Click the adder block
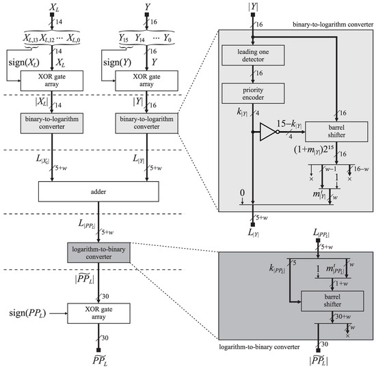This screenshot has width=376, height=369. [x=98, y=191]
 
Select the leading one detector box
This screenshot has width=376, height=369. [x=253, y=55]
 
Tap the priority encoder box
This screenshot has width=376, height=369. [x=253, y=94]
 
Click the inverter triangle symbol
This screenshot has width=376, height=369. [x=269, y=132]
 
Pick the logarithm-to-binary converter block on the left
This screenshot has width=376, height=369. [x=98, y=253]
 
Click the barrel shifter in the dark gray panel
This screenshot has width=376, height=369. [x=332, y=301]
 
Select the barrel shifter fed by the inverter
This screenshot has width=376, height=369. [x=336, y=132]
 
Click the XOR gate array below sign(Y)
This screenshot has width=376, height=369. [x=146, y=81]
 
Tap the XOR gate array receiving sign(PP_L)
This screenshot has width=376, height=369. [x=98, y=313]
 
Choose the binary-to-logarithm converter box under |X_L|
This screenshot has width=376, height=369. [x=52, y=123]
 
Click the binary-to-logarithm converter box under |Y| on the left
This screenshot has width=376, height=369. [x=146, y=123]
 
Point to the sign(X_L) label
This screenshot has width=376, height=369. [x=24, y=63]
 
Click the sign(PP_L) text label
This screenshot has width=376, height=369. [x=27, y=313]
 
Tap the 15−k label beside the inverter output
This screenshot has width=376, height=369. [x=289, y=124]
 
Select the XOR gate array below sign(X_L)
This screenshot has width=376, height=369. [x=52, y=81]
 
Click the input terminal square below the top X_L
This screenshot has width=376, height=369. [x=52, y=14]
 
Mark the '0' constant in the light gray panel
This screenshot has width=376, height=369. [x=243, y=193]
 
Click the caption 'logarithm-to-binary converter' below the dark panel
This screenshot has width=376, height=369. [x=259, y=347]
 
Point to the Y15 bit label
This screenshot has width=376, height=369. [x=124, y=38]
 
